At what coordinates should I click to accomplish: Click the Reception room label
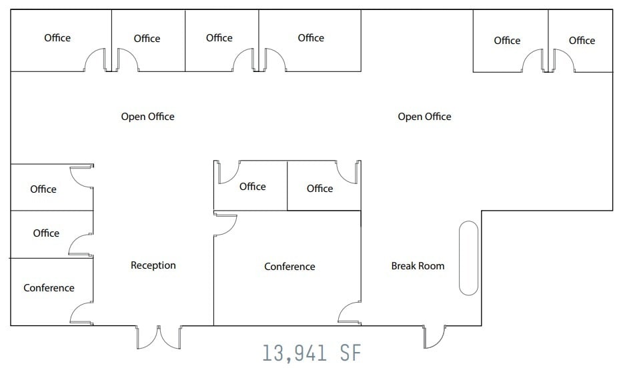[x=153, y=265]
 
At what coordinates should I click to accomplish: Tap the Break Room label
[x=418, y=266]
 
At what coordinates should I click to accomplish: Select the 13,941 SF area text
[x=312, y=353]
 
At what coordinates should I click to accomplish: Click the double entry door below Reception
[x=159, y=337]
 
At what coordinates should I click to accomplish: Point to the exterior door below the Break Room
[x=434, y=337]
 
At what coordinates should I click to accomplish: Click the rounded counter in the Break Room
[x=468, y=258]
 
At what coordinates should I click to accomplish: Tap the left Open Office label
[x=148, y=117]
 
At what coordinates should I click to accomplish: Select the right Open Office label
[x=424, y=117]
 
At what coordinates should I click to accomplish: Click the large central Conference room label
[x=289, y=267]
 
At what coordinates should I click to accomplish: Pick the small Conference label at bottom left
[x=49, y=288]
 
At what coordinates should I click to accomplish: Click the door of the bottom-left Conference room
[x=81, y=313]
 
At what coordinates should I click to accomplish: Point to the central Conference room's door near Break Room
[x=350, y=313]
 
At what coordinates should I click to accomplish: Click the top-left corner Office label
[x=57, y=38]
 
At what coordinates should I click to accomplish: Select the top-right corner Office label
[x=582, y=41]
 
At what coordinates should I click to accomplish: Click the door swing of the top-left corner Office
[x=95, y=60]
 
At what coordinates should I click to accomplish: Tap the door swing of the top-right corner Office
[x=564, y=61]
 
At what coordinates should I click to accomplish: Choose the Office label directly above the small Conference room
[x=46, y=233]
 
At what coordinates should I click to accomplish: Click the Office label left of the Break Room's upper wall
[x=320, y=189]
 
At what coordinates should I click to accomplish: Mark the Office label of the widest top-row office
[x=311, y=38]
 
